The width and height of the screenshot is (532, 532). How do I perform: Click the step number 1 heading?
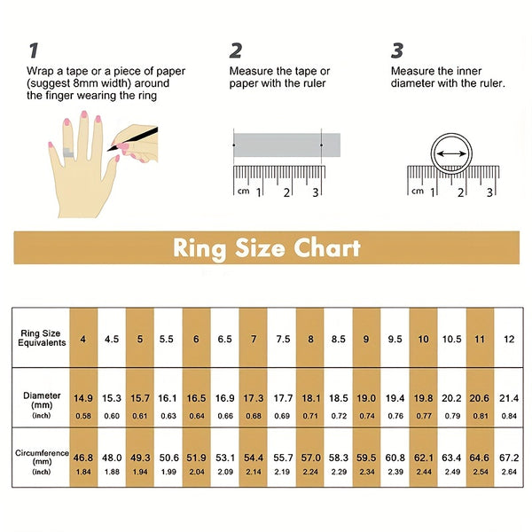[x=34, y=51]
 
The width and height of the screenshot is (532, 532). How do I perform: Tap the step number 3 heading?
[x=397, y=51]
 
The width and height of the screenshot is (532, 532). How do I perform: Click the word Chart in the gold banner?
[x=327, y=248]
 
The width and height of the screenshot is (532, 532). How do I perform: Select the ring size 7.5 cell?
[x=283, y=339]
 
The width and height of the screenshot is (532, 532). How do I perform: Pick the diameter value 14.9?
[x=83, y=398]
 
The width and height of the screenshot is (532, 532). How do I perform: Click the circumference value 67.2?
[x=509, y=458]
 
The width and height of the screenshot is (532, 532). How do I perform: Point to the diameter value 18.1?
[x=311, y=398]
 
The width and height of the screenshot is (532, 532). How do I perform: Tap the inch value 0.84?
[x=509, y=416]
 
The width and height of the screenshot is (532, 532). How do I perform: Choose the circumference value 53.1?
[x=225, y=458]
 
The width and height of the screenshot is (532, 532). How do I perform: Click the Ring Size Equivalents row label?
[x=42, y=338]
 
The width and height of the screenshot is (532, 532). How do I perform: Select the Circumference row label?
[x=42, y=453]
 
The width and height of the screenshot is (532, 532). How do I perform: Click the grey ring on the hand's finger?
[x=68, y=153]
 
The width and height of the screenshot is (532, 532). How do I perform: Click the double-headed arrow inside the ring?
[x=451, y=154]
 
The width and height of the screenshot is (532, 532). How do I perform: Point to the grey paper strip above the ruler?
[x=286, y=145]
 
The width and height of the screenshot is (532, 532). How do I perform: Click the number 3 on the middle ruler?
[x=316, y=192]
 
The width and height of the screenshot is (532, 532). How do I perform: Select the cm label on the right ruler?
[x=418, y=191]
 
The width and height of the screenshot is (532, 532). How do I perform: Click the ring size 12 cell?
[x=509, y=339]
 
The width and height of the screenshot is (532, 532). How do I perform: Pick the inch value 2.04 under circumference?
[x=197, y=472]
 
